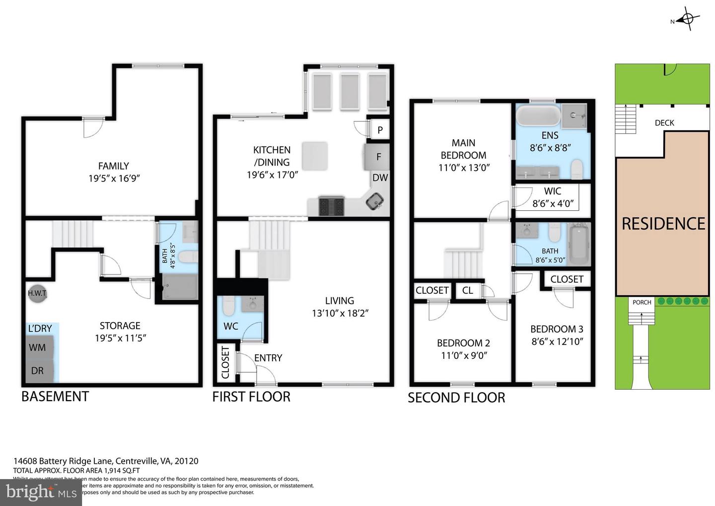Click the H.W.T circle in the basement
[x=37, y=293]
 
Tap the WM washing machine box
[x=37, y=347]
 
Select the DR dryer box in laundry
[x=37, y=370]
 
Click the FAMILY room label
[x=113, y=166]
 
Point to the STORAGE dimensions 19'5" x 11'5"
[x=120, y=338]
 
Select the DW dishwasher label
[x=380, y=177]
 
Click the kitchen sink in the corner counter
[x=375, y=202]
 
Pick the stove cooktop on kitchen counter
[x=331, y=205]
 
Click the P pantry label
[x=380, y=130]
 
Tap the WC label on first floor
[x=231, y=326]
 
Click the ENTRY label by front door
[x=268, y=358]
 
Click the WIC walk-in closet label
[x=553, y=191]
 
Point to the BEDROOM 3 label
[x=557, y=329]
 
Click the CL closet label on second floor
[x=468, y=290]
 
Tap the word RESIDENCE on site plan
[x=663, y=224]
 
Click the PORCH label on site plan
[x=642, y=302]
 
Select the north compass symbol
[x=687, y=19]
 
